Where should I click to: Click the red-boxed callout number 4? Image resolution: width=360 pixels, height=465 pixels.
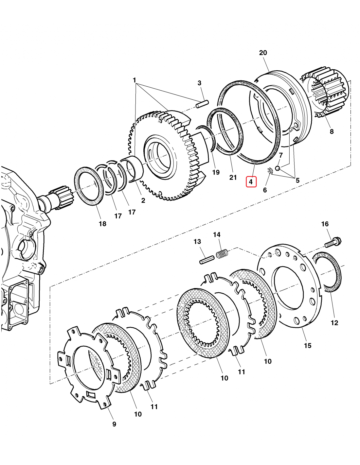point(251,181)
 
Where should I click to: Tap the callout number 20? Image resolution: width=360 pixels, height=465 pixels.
point(263,53)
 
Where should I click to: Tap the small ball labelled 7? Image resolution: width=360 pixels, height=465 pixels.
point(277,168)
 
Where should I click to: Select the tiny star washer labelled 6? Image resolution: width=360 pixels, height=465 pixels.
point(270,170)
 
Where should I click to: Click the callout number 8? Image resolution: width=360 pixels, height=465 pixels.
point(332,131)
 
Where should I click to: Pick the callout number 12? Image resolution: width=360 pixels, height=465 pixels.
point(334,323)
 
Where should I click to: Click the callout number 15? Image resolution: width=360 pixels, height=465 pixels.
point(308,345)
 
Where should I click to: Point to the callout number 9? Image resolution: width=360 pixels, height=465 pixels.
point(114,424)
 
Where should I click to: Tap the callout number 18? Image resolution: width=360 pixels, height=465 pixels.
point(102,224)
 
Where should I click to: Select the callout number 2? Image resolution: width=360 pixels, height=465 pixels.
point(143,200)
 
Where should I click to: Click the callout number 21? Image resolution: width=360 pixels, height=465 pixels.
point(233,178)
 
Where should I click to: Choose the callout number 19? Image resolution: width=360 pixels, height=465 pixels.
point(216,172)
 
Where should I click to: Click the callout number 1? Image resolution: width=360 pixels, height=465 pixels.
point(134,80)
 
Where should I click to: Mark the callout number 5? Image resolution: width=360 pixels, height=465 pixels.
point(297,180)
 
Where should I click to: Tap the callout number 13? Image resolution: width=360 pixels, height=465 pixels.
point(197,242)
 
